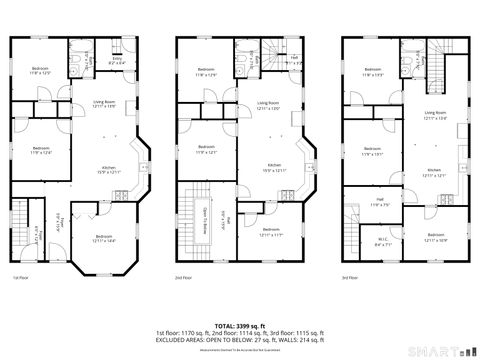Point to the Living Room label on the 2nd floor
(x=267, y=105)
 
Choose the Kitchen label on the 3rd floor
(x=434, y=172)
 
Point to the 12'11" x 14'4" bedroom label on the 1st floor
(x=103, y=238)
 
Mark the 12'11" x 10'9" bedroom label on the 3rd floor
(x=435, y=238)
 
